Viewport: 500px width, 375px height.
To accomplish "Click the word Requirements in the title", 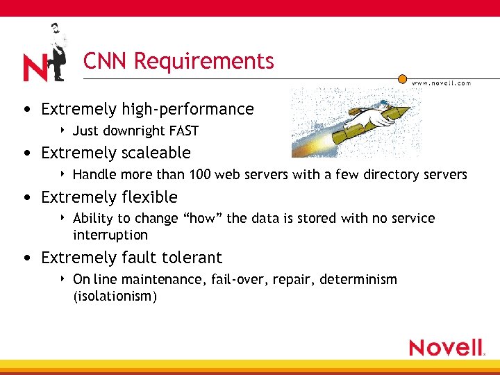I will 204,62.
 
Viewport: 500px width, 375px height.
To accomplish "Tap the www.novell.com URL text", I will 442,83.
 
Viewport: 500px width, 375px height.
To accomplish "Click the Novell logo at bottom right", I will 447,347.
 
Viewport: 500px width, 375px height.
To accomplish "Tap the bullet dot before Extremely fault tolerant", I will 26,258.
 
